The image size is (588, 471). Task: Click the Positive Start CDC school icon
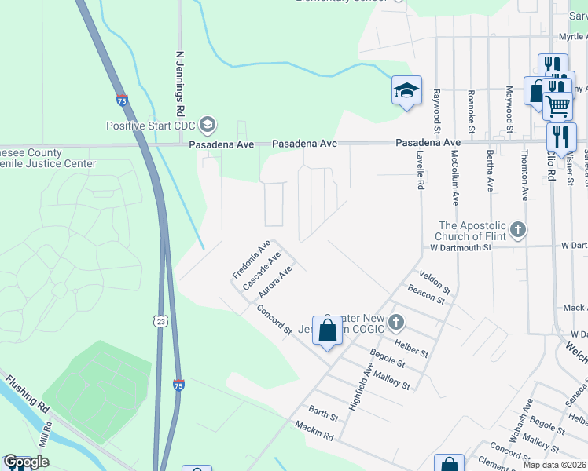coord(208,125)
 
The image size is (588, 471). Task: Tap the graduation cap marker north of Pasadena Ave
coord(406,91)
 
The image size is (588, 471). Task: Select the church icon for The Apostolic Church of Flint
coord(517,230)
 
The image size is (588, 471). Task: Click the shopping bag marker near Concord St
coord(327,330)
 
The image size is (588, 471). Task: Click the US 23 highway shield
coord(160,321)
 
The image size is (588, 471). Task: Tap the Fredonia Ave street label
coord(251,259)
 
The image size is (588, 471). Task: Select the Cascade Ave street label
coord(263,272)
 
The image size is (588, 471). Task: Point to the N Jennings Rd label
coord(179,75)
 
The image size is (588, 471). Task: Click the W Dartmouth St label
coord(460,246)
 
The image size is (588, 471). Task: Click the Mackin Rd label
coord(314,430)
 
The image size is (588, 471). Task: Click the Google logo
coord(26,462)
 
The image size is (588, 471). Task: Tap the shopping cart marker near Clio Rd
coord(557,104)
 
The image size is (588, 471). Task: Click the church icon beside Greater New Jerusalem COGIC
coord(397,321)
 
